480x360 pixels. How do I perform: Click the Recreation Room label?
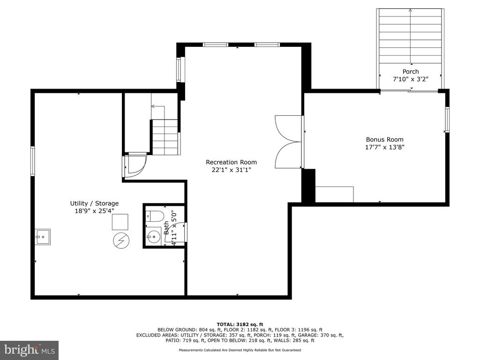[x=231, y=162]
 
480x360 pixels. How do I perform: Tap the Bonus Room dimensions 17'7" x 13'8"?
[x=385, y=147]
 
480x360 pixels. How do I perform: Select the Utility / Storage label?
[x=94, y=203]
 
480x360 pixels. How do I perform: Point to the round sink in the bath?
[x=153, y=236]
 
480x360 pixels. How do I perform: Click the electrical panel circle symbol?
[x=121, y=240]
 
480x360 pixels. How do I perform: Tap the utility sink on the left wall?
[x=43, y=237]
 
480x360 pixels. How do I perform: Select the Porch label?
[x=411, y=72]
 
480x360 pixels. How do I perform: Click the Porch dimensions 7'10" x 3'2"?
[x=411, y=79]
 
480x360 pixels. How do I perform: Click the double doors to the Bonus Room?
[x=288, y=142]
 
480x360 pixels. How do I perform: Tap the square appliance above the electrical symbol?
[x=120, y=222]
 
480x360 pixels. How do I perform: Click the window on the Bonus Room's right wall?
[x=447, y=120]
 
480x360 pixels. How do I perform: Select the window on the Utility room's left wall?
[x=33, y=161]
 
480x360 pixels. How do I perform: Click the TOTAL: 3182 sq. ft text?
[x=240, y=324]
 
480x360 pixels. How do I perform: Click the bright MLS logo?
[x=30, y=350]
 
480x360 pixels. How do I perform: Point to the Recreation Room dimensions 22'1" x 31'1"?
[x=231, y=170]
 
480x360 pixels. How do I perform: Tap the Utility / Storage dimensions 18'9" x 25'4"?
[x=94, y=211]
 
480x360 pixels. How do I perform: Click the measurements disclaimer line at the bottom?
[x=240, y=350]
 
